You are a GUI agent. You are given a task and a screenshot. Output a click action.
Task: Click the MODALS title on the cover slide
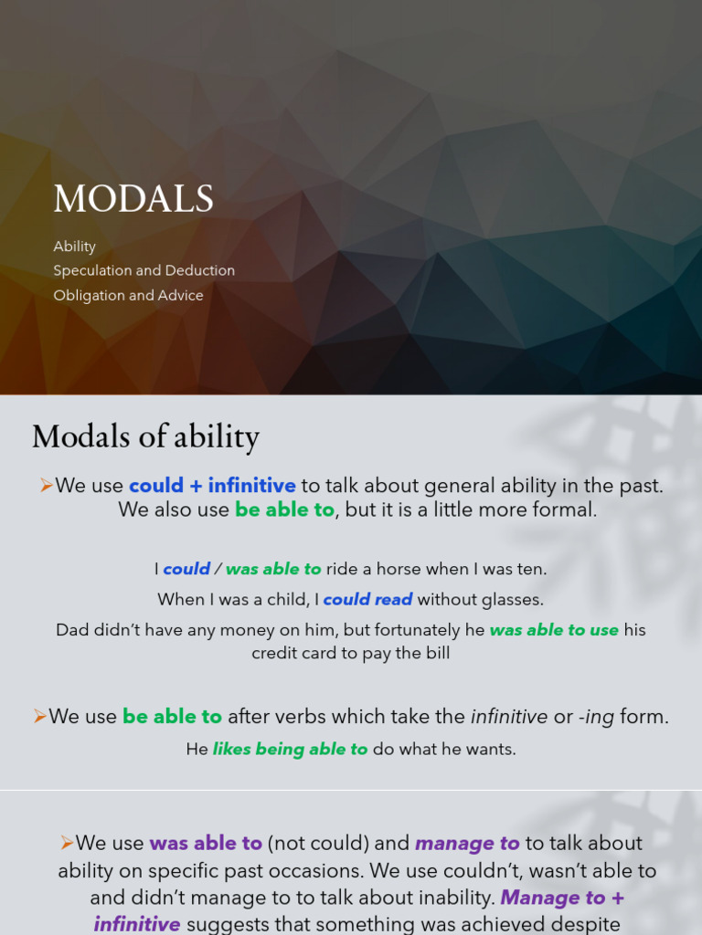133,199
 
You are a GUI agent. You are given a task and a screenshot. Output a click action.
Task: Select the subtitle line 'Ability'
74,247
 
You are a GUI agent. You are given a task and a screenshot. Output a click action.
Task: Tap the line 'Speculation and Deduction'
144,270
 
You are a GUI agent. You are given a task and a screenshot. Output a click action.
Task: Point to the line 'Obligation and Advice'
128,295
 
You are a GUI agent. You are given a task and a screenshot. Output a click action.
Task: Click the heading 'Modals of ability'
145,436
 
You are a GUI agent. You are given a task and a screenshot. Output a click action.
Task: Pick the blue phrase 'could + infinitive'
212,486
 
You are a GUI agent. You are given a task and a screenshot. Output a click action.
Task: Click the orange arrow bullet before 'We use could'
46,486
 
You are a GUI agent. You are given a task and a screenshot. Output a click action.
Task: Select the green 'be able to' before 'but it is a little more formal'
284,510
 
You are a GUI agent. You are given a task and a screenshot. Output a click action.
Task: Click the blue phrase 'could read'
367,600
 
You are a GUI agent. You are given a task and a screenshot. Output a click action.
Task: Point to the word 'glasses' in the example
516,600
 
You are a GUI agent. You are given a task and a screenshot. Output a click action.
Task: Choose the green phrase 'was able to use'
554,630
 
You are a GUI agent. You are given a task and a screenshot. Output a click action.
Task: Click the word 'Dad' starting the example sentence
73,630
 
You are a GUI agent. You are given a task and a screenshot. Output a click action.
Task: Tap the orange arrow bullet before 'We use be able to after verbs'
39,717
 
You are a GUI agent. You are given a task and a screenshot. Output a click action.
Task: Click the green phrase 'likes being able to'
290,750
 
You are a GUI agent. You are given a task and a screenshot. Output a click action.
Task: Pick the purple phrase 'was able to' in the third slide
206,843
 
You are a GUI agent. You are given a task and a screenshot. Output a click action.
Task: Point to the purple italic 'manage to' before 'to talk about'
467,843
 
